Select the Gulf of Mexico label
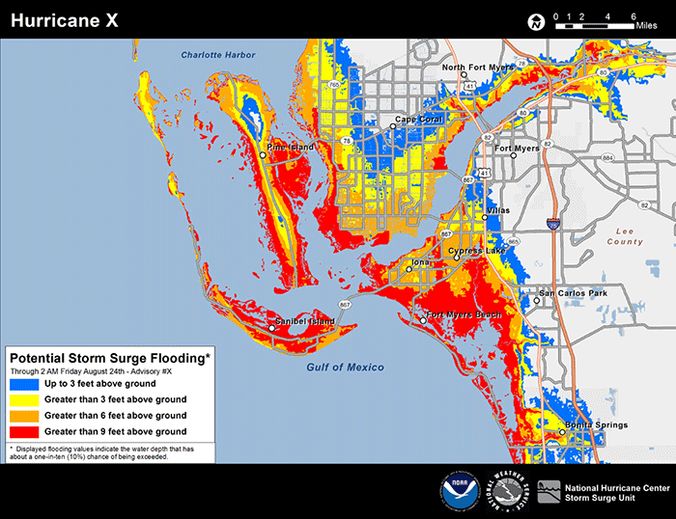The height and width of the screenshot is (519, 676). coord(345,367)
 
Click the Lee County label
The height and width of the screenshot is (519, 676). coord(625,236)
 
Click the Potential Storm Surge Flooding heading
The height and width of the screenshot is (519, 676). coord(109,357)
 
